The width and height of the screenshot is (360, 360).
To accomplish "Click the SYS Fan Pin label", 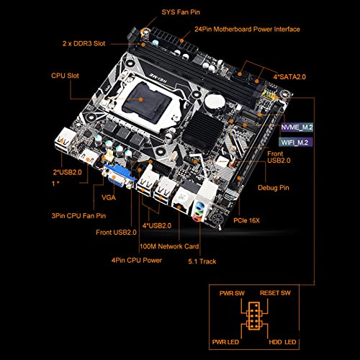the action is pos(181,12).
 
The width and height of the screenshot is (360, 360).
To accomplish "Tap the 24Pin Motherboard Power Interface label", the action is pos(247,30).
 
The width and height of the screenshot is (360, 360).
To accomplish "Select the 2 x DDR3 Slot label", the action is pos(84,43).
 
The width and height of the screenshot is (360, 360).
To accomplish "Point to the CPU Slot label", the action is pos(65,76).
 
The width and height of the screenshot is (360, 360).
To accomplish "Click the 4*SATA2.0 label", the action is pos(289,77).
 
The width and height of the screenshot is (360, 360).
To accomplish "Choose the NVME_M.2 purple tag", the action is pos(297,127).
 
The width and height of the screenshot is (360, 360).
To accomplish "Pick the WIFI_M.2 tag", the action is pos(295,143).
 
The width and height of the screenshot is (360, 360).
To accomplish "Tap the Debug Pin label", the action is pos(274,188).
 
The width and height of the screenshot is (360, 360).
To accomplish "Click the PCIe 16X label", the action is pos(246,220).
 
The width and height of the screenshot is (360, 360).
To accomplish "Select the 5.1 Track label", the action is pos(202,261).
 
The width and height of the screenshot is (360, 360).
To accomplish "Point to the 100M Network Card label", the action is pos(169,246).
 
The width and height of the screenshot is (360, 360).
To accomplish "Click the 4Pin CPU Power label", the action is pos(137,260).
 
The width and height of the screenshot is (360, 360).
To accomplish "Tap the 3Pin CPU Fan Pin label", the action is pos(78,215).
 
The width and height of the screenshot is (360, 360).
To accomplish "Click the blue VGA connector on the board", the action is pos(117,176).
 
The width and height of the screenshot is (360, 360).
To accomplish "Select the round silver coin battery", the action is pos(215,101).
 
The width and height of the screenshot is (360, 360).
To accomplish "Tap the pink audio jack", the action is pos(197,218).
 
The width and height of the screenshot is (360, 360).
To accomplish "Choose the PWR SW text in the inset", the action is pos(232,293).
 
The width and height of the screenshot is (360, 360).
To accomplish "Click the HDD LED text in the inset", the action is pos(282,342).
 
